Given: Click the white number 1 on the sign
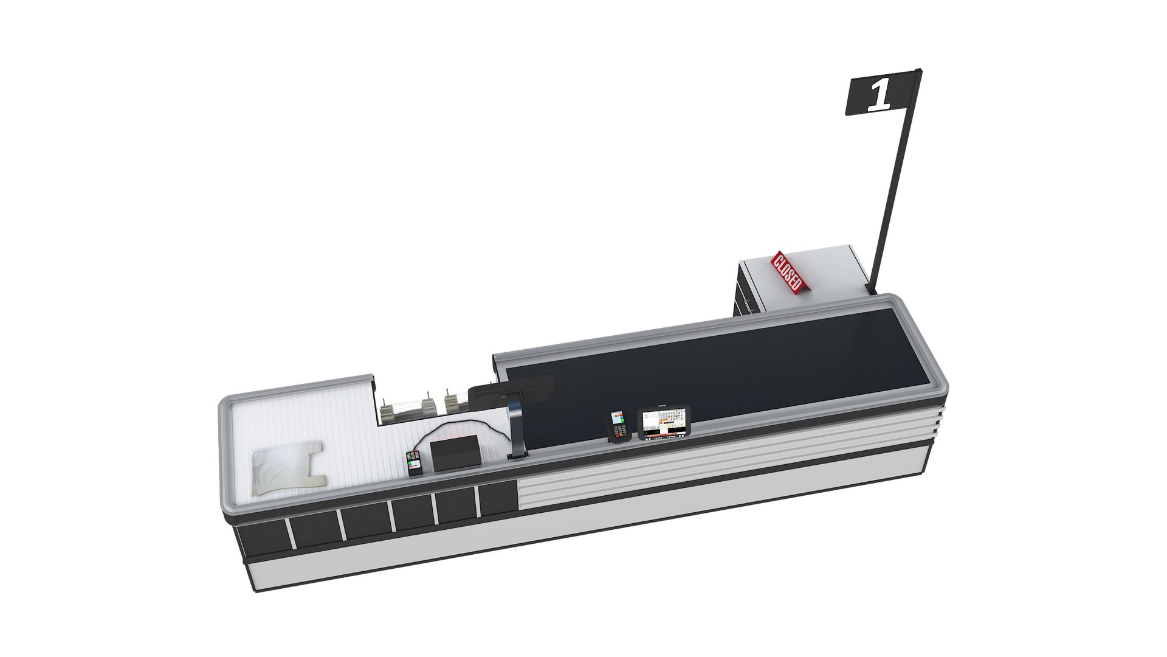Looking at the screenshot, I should click(x=880, y=96).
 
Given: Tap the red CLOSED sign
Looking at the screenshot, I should click(x=788, y=272).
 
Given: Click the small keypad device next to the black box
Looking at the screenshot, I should click(x=415, y=463).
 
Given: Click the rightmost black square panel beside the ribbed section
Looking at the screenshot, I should click(x=497, y=499).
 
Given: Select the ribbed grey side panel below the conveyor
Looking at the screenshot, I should click(x=699, y=462).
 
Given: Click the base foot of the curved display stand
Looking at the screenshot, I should click(x=518, y=455).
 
